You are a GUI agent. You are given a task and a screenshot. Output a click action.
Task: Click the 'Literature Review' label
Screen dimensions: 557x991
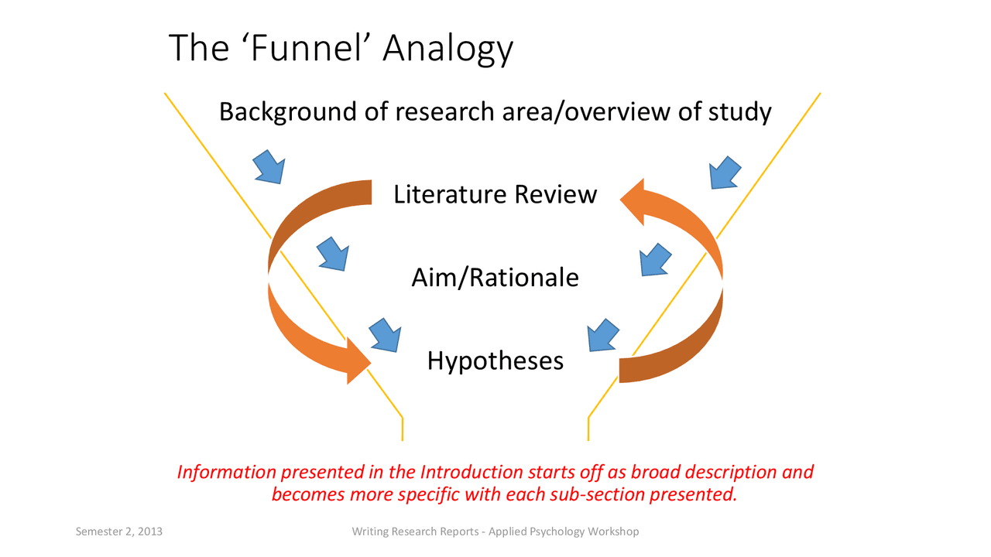495,194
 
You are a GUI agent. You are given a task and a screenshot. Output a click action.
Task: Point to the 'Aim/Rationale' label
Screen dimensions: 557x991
495,277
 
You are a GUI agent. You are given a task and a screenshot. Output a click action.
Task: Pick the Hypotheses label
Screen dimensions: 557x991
495,360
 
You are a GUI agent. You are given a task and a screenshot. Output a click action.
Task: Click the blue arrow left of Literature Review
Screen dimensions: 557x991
269,166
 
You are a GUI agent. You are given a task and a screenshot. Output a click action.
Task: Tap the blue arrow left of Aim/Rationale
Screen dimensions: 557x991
332,253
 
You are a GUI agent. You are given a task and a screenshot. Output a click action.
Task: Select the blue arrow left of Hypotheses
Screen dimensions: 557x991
385,334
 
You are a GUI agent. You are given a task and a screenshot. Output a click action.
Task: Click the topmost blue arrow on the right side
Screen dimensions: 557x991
725,172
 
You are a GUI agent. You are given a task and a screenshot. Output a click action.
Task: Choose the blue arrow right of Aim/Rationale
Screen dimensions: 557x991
655,259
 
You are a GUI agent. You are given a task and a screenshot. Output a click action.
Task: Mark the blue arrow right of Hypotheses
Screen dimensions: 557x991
603,335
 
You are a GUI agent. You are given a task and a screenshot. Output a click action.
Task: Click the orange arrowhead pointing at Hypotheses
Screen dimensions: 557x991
358,361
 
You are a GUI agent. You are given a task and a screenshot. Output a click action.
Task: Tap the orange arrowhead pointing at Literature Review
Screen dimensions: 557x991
634,200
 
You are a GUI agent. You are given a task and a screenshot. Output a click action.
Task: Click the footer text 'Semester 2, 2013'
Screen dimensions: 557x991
118,531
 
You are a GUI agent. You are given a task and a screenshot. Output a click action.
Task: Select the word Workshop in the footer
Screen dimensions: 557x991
613,531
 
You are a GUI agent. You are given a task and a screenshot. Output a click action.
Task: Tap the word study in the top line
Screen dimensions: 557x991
740,111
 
